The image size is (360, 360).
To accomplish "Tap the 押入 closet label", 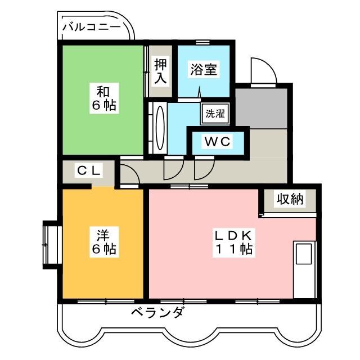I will (x=161, y=71).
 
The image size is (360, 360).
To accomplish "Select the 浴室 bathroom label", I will (x=203, y=70).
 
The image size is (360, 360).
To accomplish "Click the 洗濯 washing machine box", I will (x=214, y=112).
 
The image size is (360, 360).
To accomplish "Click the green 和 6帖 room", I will (x=102, y=98).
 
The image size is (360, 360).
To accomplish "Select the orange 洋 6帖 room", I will (x=105, y=241).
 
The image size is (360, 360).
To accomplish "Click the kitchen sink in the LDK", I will (x=303, y=254).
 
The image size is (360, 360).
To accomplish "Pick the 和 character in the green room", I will (x=102, y=91).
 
